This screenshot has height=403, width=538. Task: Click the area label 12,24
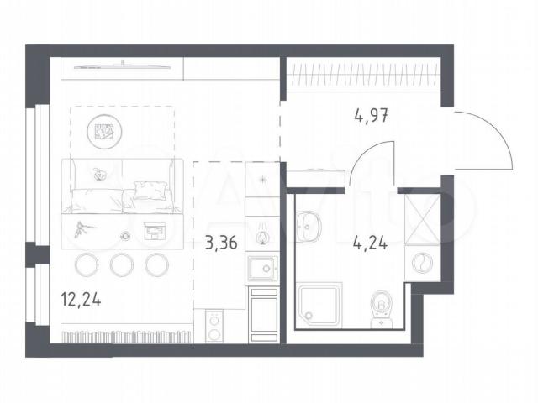81,299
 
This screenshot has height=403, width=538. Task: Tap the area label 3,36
221,243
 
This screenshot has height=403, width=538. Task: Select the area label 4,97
371,115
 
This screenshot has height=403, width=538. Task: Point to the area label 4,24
370,243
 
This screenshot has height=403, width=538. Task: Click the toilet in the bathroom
381,309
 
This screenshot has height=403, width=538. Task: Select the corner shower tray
319,304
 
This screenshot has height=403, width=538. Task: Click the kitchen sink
261,269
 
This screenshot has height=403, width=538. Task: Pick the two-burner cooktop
214,326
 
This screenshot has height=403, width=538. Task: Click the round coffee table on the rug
104,131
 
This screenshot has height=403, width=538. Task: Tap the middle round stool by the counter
122,264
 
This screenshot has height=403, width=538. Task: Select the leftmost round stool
87,264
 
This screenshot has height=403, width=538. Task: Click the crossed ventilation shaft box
422,219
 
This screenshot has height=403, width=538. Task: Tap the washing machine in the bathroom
422,263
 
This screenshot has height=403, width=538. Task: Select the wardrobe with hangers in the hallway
364,75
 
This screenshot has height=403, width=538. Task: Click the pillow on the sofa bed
151,191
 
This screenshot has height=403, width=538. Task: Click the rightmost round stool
157,264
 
